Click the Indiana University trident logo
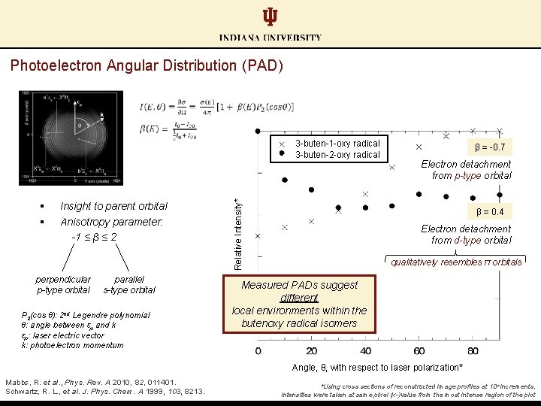click(x=270, y=17)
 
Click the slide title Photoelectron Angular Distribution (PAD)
click(x=147, y=66)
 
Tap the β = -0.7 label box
click(x=490, y=147)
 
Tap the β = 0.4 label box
click(x=490, y=212)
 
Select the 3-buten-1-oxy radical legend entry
click(x=337, y=143)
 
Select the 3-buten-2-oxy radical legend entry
click(x=337, y=155)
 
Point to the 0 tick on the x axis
click(x=258, y=350)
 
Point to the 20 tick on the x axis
click(x=312, y=350)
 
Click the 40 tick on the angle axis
click(x=365, y=350)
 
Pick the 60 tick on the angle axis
click(x=419, y=350)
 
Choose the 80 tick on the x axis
click(x=473, y=350)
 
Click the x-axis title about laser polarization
click(x=387, y=368)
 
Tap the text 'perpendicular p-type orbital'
click(x=64, y=284)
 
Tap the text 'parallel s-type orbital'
click(x=129, y=284)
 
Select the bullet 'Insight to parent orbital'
click(x=113, y=206)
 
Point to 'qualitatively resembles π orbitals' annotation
click(x=456, y=262)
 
